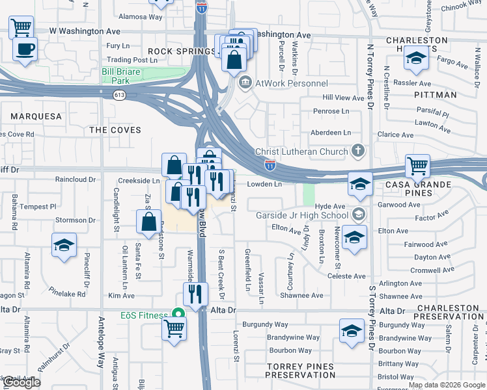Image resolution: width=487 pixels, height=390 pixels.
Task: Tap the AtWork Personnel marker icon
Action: click(x=245, y=83)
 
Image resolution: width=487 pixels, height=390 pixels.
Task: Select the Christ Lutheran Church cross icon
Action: click(x=357, y=151)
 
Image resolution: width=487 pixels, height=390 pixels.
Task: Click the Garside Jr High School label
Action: click(x=311, y=214)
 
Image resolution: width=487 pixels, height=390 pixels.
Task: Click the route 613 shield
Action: click(x=119, y=95)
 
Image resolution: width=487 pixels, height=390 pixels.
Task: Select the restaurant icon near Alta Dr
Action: click(x=195, y=294)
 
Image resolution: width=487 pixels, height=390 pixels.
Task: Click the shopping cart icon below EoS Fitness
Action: click(x=174, y=328)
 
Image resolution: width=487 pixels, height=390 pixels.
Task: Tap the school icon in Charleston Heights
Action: click(x=415, y=58)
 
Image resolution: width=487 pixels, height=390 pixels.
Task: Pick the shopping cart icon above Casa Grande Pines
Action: click(x=417, y=166)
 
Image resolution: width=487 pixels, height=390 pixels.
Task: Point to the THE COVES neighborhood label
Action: click(x=115, y=130)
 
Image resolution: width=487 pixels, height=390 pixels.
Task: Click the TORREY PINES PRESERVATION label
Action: click(x=301, y=370)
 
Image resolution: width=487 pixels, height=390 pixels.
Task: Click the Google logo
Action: click(x=21, y=382)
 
